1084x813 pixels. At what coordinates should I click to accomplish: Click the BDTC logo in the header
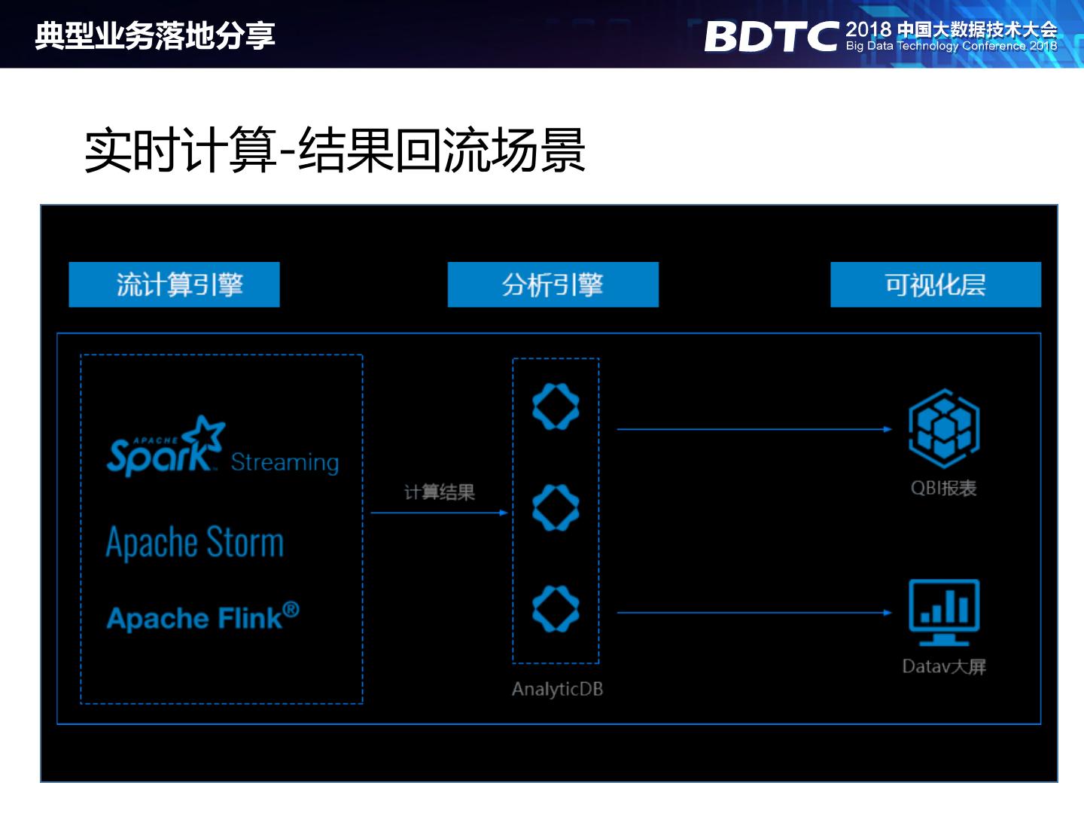pyautogui.click(x=771, y=35)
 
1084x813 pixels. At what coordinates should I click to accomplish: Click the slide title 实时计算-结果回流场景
pyautogui.click(x=335, y=150)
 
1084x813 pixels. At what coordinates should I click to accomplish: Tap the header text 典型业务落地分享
pyautogui.click(x=155, y=35)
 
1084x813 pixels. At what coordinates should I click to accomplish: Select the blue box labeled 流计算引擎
pyautogui.click(x=174, y=285)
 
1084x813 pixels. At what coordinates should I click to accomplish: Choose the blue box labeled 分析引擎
pyautogui.click(x=553, y=285)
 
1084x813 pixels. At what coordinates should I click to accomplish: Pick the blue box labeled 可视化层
pyautogui.click(x=935, y=285)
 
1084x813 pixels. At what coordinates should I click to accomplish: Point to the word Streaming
pyautogui.click(x=285, y=461)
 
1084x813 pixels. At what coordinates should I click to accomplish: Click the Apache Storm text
pyautogui.click(x=195, y=542)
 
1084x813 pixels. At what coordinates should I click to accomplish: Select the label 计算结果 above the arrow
pyautogui.click(x=440, y=492)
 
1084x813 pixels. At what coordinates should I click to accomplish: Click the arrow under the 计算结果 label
pyautogui.click(x=440, y=513)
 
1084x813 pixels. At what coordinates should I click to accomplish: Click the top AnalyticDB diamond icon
pyautogui.click(x=556, y=406)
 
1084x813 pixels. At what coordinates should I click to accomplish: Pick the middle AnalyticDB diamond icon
pyautogui.click(x=556, y=507)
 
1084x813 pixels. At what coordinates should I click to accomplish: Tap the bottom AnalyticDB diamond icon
pyautogui.click(x=556, y=608)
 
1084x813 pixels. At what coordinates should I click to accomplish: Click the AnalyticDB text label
pyautogui.click(x=557, y=689)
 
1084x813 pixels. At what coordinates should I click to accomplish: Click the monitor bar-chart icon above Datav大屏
pyautogui.click(x=944, y=612)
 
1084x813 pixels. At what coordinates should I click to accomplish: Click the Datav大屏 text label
pyautogui.click(x=944, y=666)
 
